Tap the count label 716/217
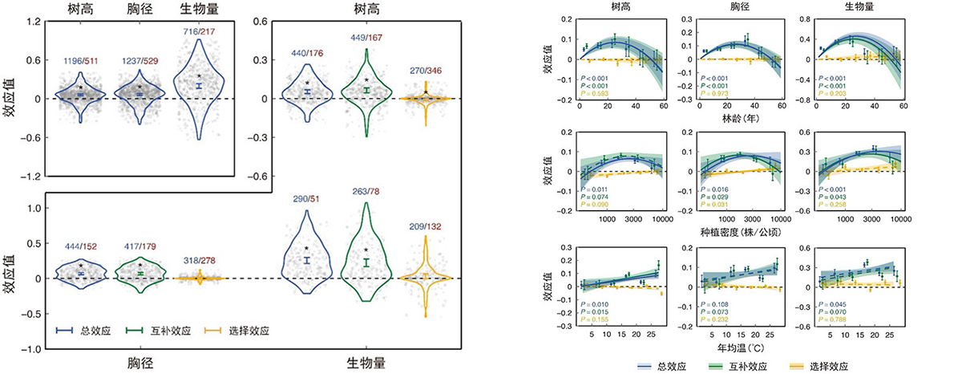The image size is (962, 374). pyautogui.click(x=197, y=30)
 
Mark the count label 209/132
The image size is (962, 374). pyautogui.click(x=426, y=227)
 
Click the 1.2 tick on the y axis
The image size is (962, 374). pyautogui.click(x=33, y=22)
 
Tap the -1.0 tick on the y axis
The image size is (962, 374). pyautogui.click(x=30, y=349)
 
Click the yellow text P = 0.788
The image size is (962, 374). pyautogui.click(x=831, y=320)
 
